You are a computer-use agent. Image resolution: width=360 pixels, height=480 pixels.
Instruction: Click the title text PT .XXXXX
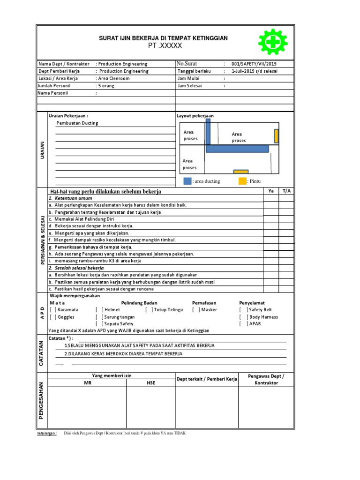(x=165, y=45)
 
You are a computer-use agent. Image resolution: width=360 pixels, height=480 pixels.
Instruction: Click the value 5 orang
(x=105, y=86)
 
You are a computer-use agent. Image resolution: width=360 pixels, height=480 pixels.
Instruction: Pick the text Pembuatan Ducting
(x=77, y=123)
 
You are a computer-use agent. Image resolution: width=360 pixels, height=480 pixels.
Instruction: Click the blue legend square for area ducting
(x=187, y=181)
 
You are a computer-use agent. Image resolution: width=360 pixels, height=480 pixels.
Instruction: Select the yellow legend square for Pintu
(x=242, y=181)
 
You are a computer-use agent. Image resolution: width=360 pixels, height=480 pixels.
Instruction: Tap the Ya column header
(x=270, y=191)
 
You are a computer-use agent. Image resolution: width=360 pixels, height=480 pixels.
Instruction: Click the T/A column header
(x=286, y=191)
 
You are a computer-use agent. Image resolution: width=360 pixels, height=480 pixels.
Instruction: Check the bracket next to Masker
(x=196, y=310)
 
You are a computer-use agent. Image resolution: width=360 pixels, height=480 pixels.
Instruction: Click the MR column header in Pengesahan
(x=87, y=383)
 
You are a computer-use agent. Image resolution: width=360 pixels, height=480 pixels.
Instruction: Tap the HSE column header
(x=150, y=383)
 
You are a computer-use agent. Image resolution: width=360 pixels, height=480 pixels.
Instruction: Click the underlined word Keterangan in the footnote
(x=46, y=434)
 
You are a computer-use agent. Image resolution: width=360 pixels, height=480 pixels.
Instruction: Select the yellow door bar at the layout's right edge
(x=277, y=135)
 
